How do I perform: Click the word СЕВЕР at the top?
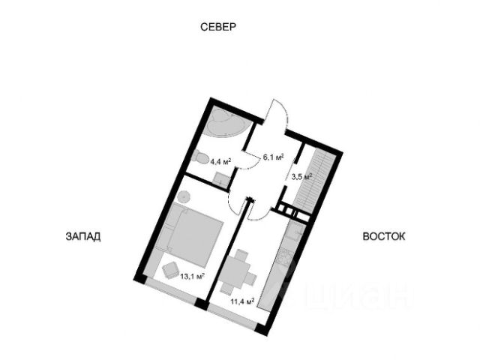(x=218, y=28)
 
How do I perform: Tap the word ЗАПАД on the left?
(x=82, y=235)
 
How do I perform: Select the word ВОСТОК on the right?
(x=384, y=235)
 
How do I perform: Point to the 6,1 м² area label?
(x=271, y=157)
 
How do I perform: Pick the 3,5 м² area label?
(x=301, y=178)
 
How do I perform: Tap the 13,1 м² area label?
(x=193, y=276)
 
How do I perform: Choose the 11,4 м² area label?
(x=241, y=301)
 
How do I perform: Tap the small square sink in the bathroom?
(x=221, y=178)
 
